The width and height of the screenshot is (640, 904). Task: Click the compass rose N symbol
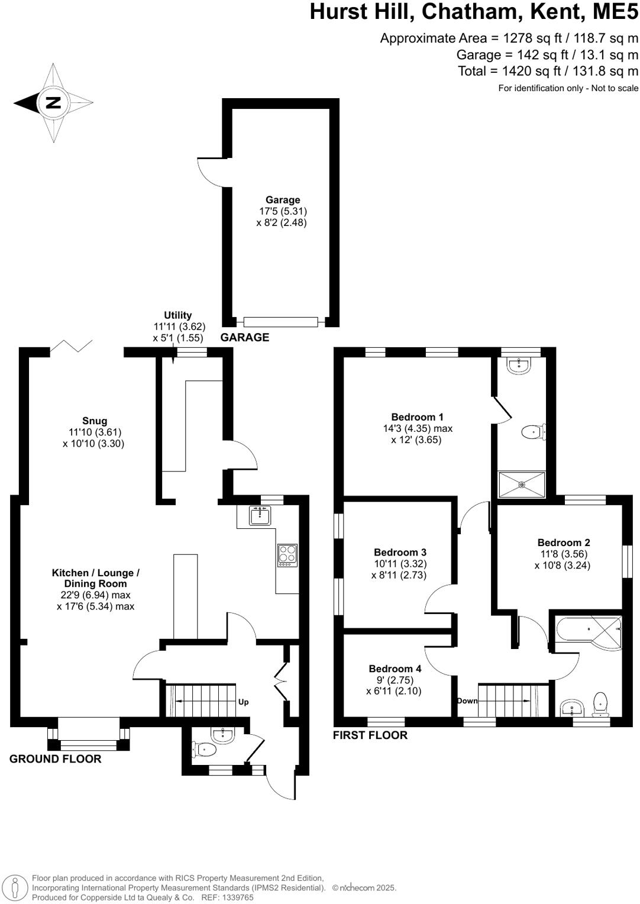53,103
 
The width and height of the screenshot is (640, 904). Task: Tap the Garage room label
282,200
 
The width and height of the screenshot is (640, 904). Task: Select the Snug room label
95,421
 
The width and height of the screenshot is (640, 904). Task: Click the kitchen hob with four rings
287,556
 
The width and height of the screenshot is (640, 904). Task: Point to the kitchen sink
260,516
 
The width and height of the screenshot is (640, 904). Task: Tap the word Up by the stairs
243,702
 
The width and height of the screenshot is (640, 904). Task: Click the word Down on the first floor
467,701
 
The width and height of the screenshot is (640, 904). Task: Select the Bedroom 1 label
417,417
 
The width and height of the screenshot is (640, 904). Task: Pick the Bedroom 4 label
395,669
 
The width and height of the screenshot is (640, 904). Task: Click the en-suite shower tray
522,485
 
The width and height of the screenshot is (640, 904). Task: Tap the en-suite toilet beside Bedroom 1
534,432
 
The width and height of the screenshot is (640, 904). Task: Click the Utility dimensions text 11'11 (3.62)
178,327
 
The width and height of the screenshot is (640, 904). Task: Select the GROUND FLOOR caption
55,759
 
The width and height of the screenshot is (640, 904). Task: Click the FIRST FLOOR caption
370,735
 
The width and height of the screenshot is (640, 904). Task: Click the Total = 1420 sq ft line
548,71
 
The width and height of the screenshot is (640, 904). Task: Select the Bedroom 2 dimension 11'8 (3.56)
563,554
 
